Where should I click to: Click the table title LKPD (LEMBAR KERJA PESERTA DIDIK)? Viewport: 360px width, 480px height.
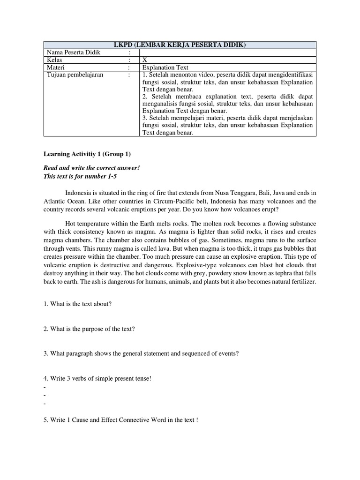point(180,45)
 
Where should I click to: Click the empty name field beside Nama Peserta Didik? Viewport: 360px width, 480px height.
point(227,52)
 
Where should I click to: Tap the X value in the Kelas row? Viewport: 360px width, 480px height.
point(145,60)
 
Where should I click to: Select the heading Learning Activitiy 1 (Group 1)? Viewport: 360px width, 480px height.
point(87,154)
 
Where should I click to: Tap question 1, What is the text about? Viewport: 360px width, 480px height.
point(77,304)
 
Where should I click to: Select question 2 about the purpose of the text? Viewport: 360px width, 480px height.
point(89,329)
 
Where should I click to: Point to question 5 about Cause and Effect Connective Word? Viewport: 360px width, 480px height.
point(121,420)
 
